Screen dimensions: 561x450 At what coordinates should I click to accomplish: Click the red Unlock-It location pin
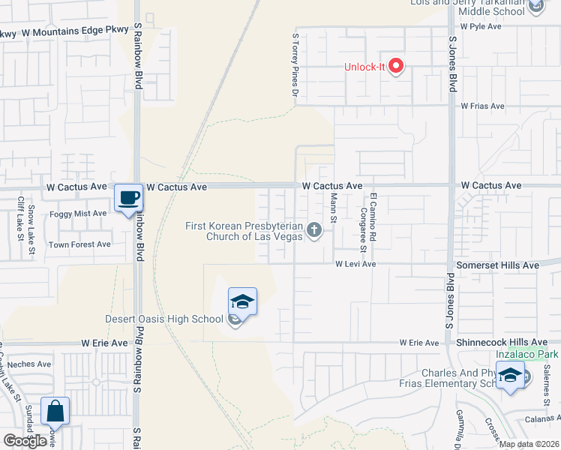click(x=396, y=67)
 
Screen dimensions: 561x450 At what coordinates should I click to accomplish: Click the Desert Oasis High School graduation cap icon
click(x=242, y=302)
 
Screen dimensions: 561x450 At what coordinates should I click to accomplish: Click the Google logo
click(x=25, y=440)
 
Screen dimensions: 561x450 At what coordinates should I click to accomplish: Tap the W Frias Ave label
click(x=482, y=106)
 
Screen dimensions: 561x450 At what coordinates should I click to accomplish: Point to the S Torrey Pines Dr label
click(x=295, y=64)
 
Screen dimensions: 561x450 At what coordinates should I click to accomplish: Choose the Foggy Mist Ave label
click(x=78, y=213)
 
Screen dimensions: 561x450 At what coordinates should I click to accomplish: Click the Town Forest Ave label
click(x=79, y=244)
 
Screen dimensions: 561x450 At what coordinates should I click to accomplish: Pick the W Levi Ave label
click(x=355, y=265)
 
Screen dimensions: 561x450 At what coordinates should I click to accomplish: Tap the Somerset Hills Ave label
click(x=498, y=265)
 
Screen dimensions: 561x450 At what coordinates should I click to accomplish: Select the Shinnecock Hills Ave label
click(x=498, y=342)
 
